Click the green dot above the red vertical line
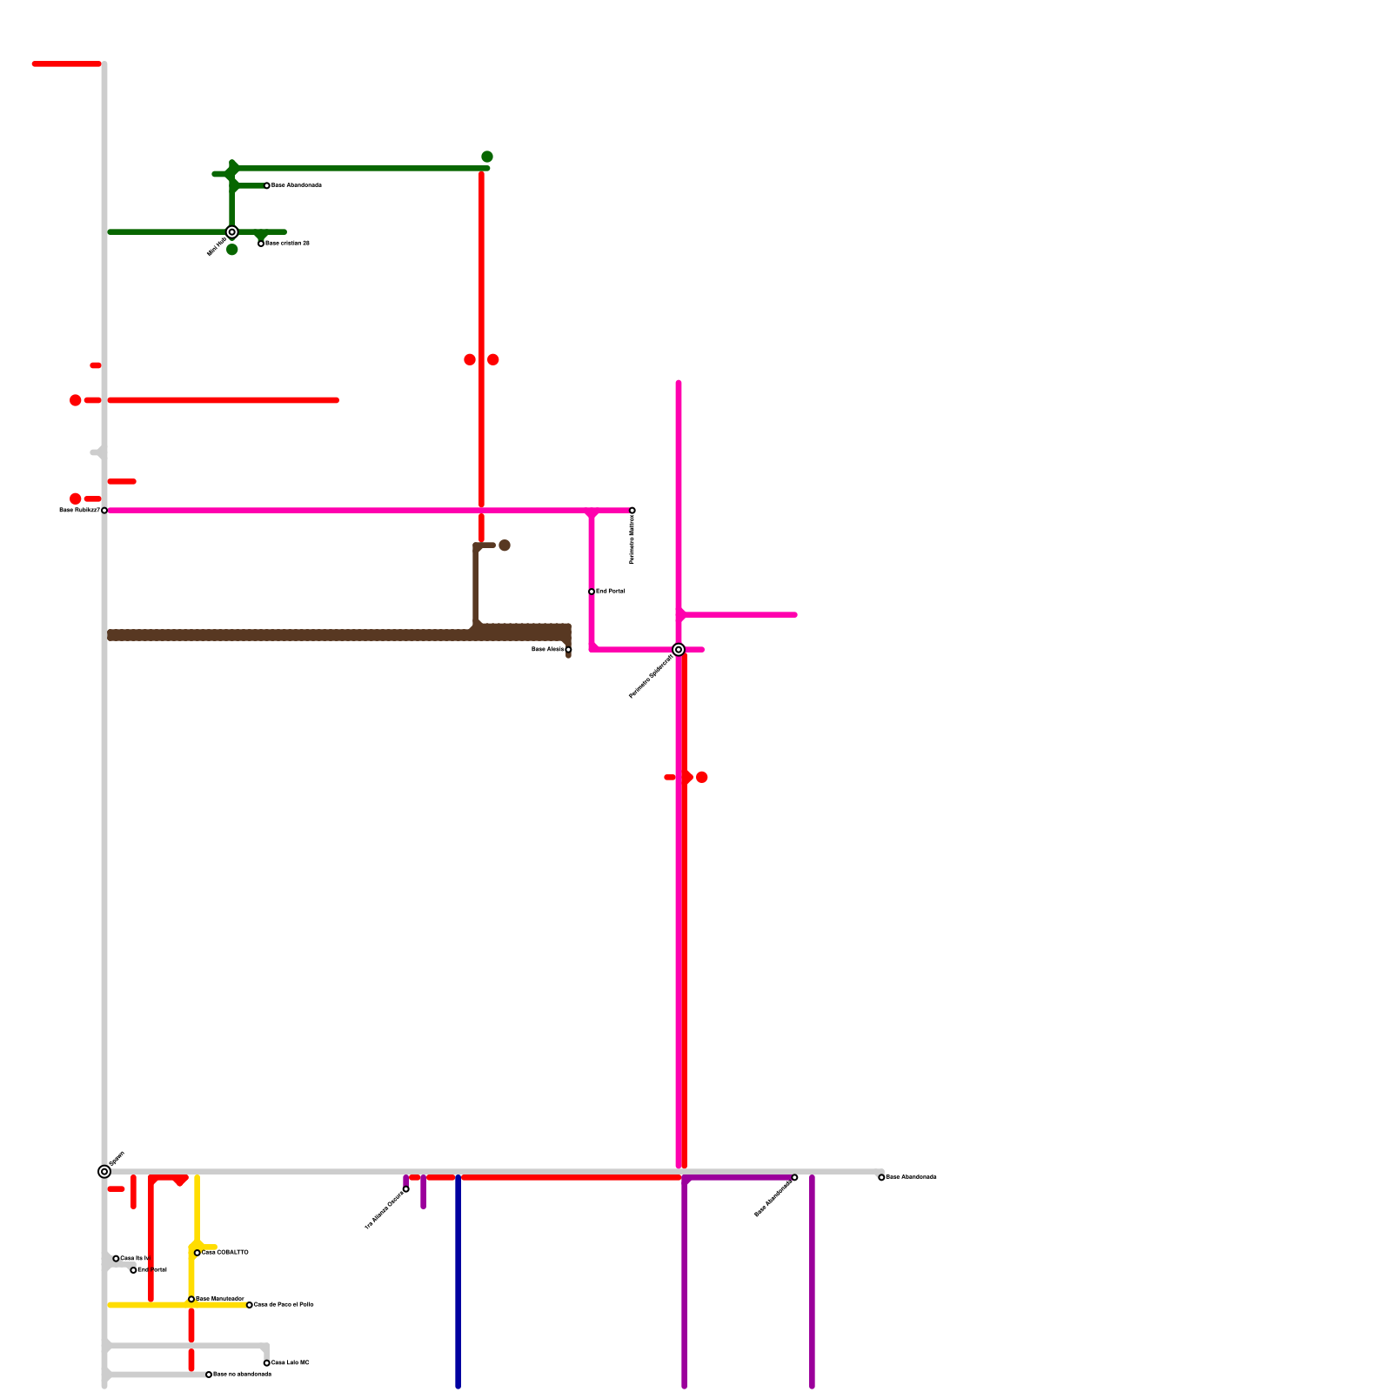pos(487,157)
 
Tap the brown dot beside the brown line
pos(505,545)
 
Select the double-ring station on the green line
pos(232,232)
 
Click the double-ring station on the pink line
pos(679,650)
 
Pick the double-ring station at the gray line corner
pos(104,1172)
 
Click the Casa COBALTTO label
pos(225,1253)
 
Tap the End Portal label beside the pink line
pos(610,592)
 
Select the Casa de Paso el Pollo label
pos(284,1305)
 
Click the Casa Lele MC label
pos(290,1363)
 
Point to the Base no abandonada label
pos(242,1375)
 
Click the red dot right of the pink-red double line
pos(702,777)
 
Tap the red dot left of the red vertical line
pos(470,359)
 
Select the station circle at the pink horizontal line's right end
pos(632,510)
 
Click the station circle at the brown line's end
pos(568,650)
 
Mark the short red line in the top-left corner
pos(67,64)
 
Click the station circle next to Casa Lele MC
pos(266,1363)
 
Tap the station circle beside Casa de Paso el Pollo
pos(250,1305)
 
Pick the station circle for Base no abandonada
pos(209,1375)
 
